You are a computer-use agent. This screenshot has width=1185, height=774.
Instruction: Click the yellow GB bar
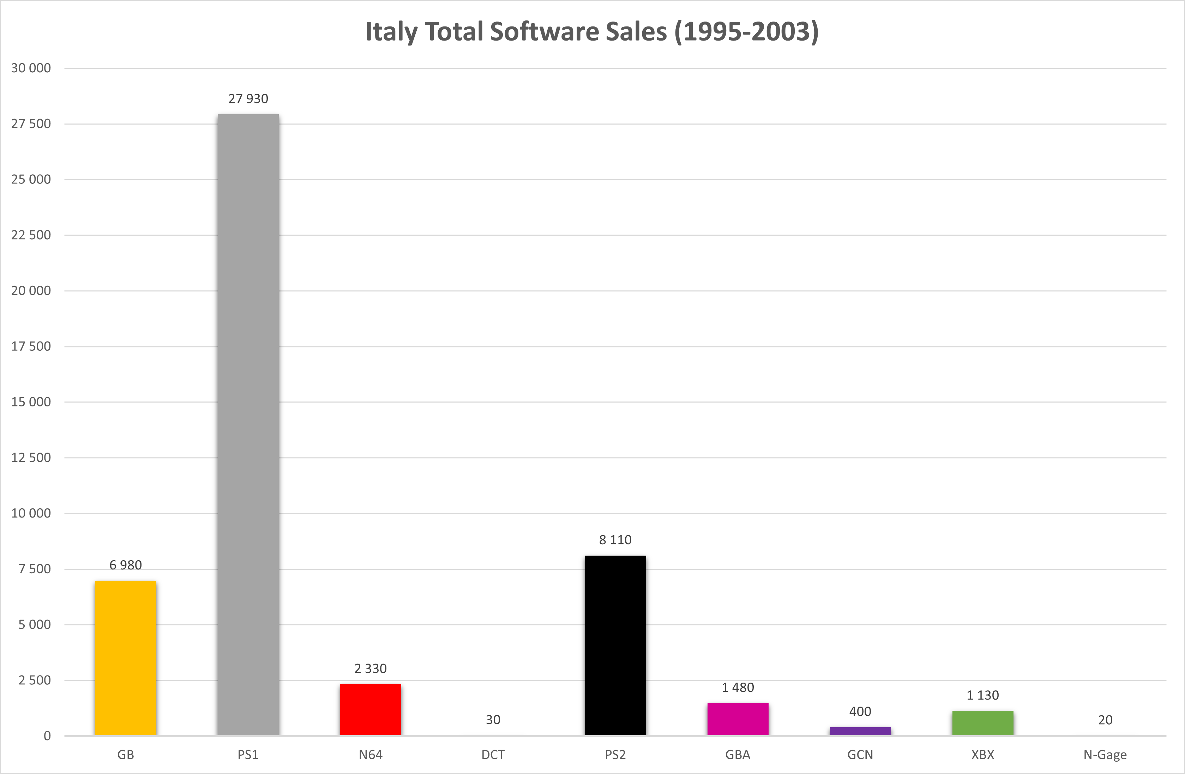[x=126, y=658]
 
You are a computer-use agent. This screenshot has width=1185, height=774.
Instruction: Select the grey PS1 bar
[x=248, y=425]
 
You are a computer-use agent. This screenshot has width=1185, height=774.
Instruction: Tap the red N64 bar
[x=371, y=710]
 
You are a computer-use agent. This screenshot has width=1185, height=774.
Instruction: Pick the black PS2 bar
[x=615, y=646]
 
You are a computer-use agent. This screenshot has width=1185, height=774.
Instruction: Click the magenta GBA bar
[x=738, y=719]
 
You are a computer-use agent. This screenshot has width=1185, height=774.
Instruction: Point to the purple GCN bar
[x=860, y=731]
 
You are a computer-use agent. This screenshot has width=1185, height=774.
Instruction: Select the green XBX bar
[x=983, y=723]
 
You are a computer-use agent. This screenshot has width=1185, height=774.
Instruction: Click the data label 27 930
[x=248, y=98]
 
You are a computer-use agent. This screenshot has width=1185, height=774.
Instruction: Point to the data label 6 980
[x=126, y=565]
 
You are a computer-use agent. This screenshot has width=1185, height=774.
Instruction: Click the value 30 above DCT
[x=493, y=720]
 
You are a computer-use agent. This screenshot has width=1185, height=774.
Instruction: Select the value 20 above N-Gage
[x=1105, y=720]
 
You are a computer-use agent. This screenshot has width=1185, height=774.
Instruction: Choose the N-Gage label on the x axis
[x=1105, y=755]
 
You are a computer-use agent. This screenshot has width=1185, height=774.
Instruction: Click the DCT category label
[x=493, y=755]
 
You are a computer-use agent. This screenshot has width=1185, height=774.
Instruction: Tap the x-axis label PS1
[x=248, y=755]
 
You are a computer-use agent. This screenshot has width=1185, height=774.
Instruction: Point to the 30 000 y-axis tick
[x=31, y=68]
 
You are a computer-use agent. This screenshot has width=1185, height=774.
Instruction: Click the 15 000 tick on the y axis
[x=31, y=402]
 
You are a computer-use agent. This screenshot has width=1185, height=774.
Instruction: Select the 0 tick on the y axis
[x=47, y=736]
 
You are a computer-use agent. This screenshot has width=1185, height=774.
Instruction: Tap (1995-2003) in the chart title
[x=747, y=32]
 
